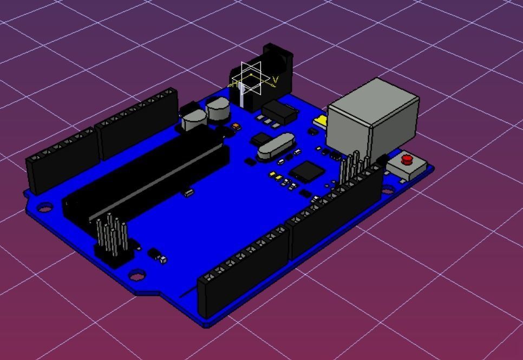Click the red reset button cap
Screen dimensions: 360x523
(407, 160)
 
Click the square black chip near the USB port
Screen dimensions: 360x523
(307, 173)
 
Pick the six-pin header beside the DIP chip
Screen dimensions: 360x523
(113, 238)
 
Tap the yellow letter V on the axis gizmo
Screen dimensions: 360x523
(276, 80)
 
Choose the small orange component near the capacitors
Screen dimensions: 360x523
(236, 126)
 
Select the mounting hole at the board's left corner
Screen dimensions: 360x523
(44, 207)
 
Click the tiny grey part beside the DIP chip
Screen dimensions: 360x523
(188, 193)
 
